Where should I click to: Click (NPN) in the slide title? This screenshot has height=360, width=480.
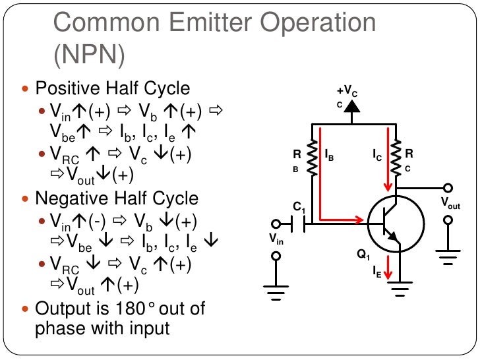[x=88, y=55]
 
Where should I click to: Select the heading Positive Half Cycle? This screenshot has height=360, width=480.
[x=112, y=88]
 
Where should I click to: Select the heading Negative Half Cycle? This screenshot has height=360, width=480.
[x=117, y=198]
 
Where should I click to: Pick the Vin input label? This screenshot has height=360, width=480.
[x=278, y=239]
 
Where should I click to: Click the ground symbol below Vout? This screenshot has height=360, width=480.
[x=448, y=257]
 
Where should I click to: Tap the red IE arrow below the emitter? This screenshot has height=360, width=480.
[x=389, y=265]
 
